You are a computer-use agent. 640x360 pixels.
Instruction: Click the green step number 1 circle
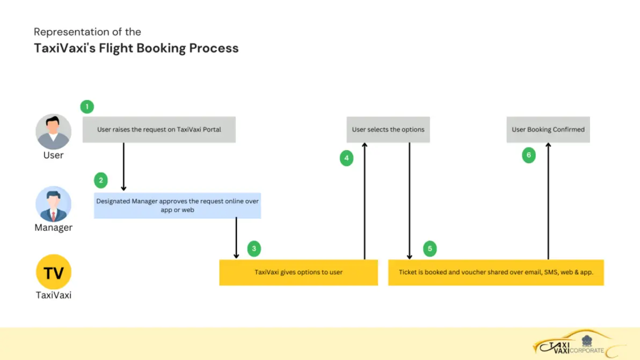[87, 106]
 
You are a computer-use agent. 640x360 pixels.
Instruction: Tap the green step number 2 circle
[100, 180]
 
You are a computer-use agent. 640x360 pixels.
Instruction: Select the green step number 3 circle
[254, 248]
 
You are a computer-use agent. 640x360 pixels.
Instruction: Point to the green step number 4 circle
[346, 158]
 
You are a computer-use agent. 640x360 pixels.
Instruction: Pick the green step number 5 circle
[430, 248]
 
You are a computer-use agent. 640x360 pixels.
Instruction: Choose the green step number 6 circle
[529, 156]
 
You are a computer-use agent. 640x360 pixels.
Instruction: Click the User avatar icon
[53, 131]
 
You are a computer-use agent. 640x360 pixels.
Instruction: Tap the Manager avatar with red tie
[53, 204]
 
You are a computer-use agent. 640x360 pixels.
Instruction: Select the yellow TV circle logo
[53, 272]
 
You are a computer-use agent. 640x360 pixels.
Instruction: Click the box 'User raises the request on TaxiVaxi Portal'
[159, 130]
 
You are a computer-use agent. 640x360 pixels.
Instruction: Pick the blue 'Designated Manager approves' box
[177, 205]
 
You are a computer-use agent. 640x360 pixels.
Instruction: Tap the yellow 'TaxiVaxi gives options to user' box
[299, 273]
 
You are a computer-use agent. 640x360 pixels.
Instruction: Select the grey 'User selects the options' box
[388, 130]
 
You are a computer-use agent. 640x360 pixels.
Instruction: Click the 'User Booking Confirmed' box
[548, 130]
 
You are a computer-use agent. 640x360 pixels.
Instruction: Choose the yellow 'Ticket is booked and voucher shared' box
[496, 273]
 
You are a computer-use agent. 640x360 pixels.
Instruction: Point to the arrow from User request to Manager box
[124, 166]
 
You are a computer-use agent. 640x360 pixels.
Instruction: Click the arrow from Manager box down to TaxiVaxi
[236, 238]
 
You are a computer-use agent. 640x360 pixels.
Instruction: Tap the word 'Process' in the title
[214, 48]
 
